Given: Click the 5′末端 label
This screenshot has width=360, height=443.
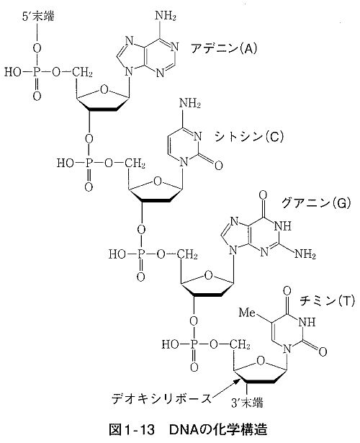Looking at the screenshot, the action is pos(38,17).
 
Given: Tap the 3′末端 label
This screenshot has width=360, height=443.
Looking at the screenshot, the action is pos(247,403).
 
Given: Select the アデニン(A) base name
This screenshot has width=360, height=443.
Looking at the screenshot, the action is pos(224,48).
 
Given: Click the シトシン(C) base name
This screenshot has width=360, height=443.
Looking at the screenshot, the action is pos(248,137).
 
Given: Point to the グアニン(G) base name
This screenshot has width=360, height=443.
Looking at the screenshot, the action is pos(316,203).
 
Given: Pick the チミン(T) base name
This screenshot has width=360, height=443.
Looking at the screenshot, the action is pos(327,300).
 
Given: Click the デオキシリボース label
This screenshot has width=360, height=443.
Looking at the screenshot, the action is pos(161,398).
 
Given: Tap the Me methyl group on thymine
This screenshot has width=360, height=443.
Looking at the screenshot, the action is pos(248,312).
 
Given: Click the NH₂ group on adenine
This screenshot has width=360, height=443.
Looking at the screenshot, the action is pos(166,16).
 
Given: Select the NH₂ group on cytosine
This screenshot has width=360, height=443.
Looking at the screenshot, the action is pos(190,104).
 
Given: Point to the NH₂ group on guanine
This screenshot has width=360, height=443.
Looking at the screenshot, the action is pos(305,254).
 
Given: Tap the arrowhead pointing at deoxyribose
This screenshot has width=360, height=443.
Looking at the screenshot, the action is pos(237,381).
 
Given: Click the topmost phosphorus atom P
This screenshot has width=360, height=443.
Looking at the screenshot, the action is pos(35,72).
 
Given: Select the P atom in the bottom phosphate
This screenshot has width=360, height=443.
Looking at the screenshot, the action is pos(194,344).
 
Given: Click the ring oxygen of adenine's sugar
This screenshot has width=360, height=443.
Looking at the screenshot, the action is pos(104,90).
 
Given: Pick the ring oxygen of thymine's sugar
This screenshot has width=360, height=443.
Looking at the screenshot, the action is pos(261,362).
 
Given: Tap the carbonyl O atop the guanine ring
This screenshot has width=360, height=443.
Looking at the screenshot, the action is pos(263,195).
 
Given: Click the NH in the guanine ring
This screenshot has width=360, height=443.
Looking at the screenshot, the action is pos(283,226).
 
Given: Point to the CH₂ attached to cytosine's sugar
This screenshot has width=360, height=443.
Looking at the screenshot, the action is pos(135,163).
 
